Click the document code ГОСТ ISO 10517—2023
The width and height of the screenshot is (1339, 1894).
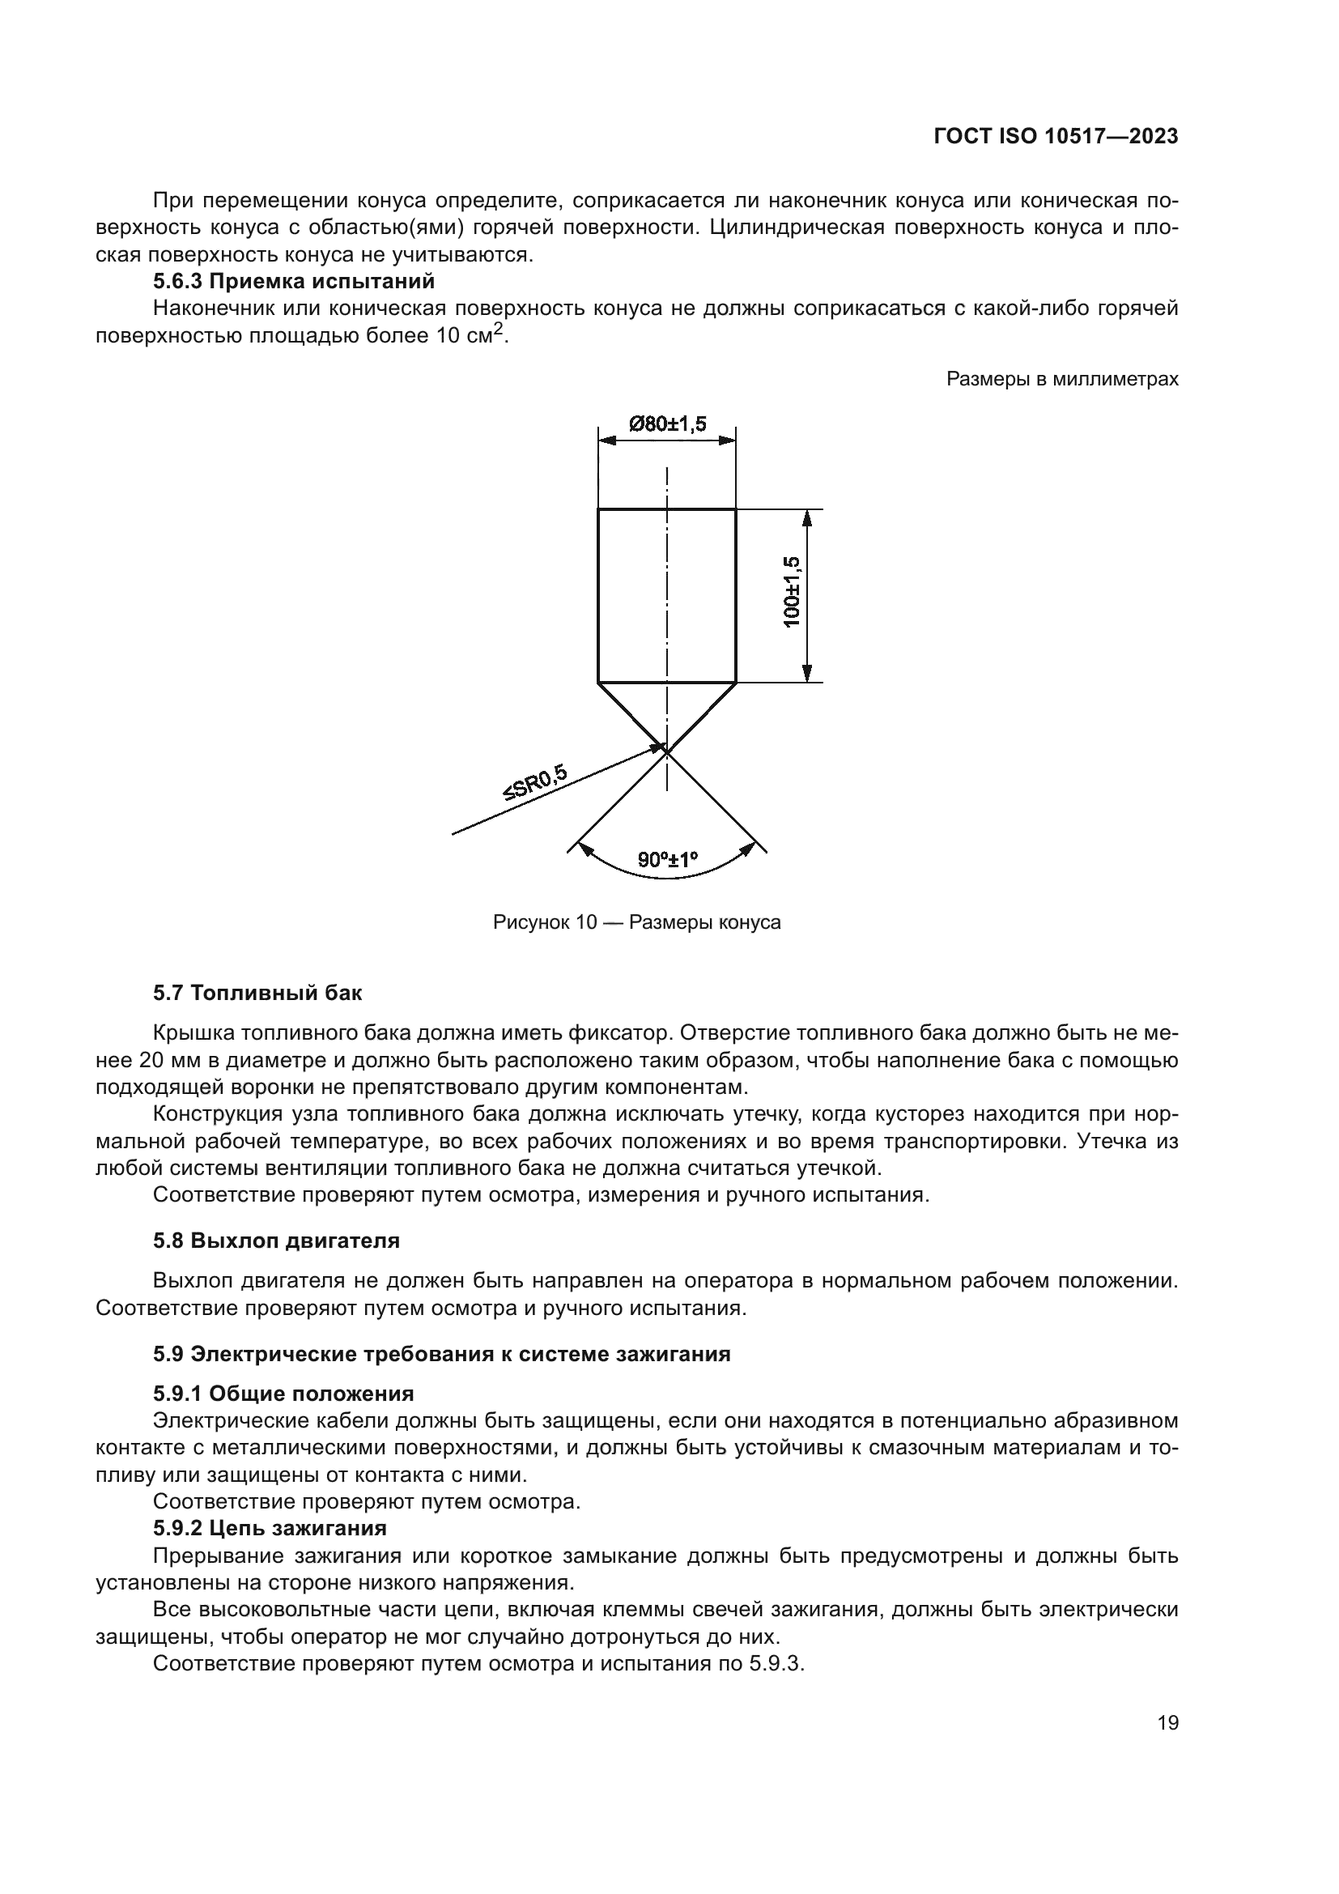pos(1056,137)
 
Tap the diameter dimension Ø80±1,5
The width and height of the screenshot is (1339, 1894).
pos(667,424)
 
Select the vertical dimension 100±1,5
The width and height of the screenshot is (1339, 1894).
pos(792,591)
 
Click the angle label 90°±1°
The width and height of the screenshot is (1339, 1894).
pos(667,861)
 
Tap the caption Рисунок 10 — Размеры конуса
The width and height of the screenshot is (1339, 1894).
pos(636,922)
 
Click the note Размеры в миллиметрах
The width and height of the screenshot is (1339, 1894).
pos(1062,379)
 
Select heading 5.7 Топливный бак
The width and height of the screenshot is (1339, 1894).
pos(257,993)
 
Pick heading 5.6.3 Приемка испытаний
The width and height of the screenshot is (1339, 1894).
pos(294,281)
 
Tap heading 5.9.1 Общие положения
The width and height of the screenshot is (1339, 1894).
pos(283,1394)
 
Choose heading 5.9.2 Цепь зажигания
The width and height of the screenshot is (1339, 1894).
pos(270,1528)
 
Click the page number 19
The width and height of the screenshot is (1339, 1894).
pos(1167,1722)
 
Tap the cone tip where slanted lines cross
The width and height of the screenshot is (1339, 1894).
pos(666,751)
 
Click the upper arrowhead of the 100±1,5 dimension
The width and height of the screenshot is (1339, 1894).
pos(807,517)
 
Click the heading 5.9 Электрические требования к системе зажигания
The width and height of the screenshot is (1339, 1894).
pos(442,1354)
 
